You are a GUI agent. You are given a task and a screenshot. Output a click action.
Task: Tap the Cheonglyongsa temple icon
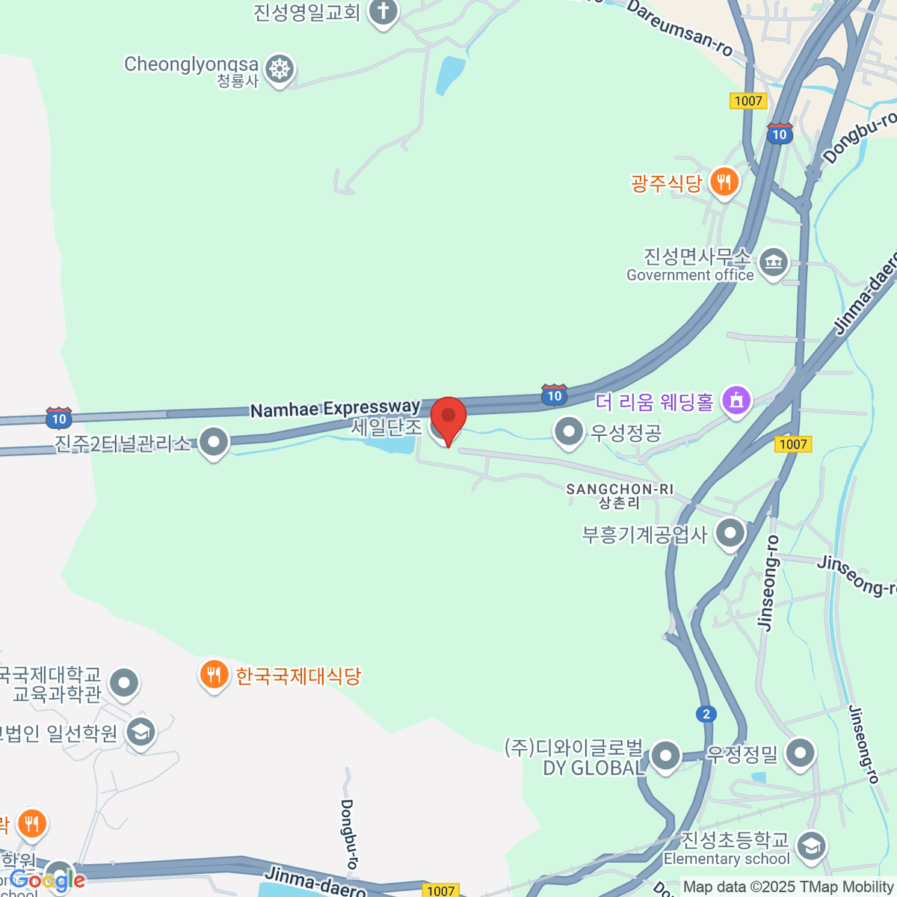[280, 69]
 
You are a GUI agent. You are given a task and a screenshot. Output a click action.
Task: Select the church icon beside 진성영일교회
[383, 12]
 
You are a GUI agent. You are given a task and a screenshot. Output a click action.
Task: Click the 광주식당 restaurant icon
[724, 181]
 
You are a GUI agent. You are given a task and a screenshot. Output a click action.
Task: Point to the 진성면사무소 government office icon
[773, 262]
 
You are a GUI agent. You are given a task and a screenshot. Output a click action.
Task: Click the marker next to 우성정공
[569, 431]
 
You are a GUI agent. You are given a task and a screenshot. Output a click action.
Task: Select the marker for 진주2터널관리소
[214, 442]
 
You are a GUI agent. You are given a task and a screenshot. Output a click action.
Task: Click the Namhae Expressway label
[335, 409]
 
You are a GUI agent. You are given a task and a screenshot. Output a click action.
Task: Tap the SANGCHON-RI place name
[620, 490]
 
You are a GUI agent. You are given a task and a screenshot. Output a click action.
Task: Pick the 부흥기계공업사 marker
[730, 534]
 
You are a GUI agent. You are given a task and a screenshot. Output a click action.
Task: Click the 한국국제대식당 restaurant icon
[214, 674]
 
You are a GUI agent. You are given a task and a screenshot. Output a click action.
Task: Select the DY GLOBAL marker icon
[665, 756]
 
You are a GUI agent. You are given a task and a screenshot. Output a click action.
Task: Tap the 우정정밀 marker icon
[801, 753]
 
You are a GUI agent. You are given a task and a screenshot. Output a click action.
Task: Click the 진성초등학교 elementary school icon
[811, 846]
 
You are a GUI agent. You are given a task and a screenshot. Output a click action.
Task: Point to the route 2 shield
[706, 714]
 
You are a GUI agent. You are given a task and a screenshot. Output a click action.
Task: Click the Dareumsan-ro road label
[679, 28]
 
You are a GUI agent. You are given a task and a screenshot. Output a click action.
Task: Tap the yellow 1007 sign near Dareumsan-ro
[747, 101]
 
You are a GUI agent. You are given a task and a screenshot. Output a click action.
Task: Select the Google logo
[47, 880]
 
